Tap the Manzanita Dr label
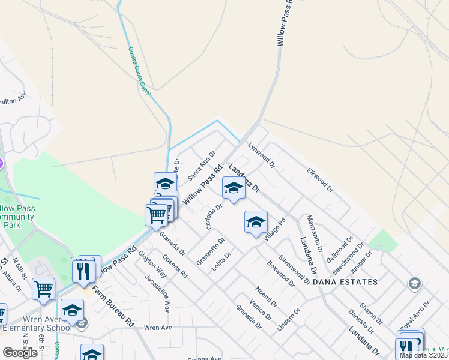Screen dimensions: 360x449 [315, 233]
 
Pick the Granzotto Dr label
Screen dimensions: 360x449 [210, 252]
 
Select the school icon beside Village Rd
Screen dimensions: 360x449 [256, 222]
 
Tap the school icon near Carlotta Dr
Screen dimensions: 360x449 [233, 188]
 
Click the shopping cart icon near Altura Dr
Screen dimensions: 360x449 [43, 289]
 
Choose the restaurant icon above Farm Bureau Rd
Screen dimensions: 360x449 [83, 270]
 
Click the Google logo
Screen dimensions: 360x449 [20, 353]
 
